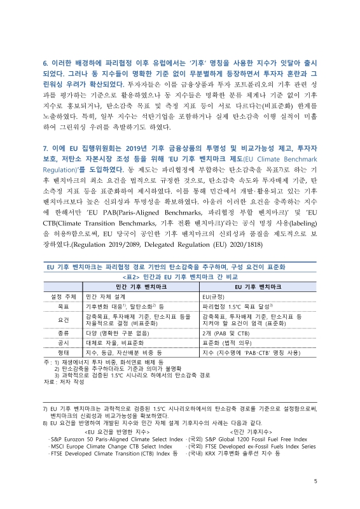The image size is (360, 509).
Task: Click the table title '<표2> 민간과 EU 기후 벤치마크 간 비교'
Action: point(180,278)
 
